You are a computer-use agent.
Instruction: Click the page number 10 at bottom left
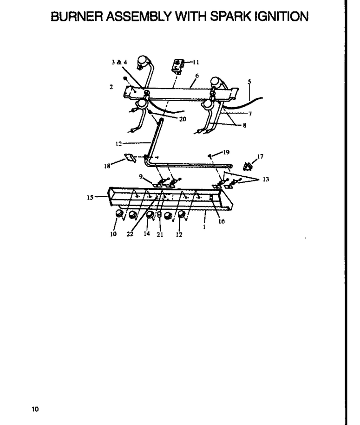35,409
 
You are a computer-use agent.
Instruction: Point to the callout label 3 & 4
119,62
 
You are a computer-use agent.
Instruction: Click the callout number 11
196,62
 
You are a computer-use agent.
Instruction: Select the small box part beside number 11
178,66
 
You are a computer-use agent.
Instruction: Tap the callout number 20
183,119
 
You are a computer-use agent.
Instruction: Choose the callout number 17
260,156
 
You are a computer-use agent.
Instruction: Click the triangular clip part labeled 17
248,166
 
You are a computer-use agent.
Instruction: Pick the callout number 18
107,166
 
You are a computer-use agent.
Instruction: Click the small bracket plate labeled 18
130,158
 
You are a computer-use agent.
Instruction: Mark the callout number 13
266,179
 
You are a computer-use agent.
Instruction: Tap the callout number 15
90,197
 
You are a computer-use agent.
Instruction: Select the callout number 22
130,234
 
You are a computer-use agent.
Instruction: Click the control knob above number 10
119,214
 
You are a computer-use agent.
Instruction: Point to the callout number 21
160,234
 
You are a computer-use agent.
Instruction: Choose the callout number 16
222,221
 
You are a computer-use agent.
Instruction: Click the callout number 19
226,152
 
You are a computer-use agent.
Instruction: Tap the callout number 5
249,81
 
